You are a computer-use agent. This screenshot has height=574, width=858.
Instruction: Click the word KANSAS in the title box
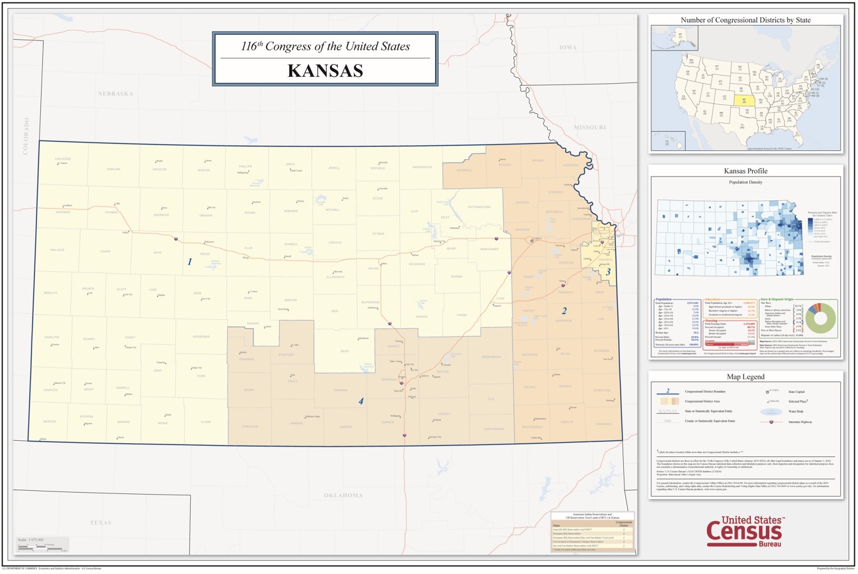(325, 70)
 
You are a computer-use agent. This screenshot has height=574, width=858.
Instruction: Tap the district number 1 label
(189, 262)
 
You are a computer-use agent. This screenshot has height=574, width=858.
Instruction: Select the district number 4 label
(361, 401)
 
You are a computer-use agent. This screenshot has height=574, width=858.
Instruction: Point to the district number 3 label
(608, 272)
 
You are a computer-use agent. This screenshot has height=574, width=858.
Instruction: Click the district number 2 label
(564, 311)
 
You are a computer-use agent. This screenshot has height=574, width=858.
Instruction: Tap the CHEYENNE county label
(63, 159)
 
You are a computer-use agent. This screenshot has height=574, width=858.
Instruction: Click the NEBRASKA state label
(115, 93)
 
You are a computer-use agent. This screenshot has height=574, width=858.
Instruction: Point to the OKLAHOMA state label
(343, 495)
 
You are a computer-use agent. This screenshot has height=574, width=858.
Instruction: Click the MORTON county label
(49, 422)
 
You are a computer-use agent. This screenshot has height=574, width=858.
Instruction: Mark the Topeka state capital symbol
(532, 241)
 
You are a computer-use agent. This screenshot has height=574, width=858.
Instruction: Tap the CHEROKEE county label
(603, 424)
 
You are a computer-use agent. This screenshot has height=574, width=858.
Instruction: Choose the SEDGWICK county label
(388, 379)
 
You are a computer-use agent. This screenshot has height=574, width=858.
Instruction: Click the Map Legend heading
(745, 377)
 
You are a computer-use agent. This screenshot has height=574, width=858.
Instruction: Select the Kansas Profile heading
(745, 171)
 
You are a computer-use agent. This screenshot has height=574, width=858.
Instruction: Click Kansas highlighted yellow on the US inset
(743, 100)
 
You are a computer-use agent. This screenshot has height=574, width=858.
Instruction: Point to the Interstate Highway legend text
(799, 422)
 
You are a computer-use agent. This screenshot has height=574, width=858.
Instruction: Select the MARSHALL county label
(465, 170)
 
